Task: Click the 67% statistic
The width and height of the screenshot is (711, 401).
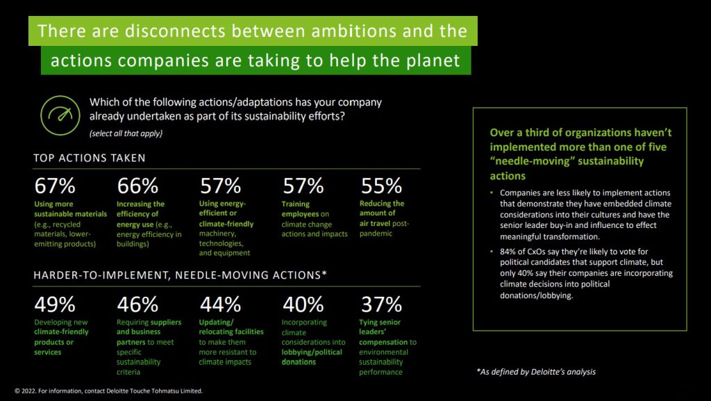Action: point(55,186)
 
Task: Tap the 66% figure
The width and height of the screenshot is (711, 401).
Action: point(138,186)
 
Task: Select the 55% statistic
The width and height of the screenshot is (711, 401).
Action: point(381,186)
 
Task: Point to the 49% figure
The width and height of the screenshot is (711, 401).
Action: point(55,304)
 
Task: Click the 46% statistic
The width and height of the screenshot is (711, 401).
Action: point(138,304)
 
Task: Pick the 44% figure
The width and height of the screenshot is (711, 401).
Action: point(220,304)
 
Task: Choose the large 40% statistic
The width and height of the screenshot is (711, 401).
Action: point(303,304)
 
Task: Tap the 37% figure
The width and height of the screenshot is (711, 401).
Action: point(381,304)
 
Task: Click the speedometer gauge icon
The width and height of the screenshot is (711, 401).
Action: point(60,115)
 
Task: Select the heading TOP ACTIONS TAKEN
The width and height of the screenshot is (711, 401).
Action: point(90,158)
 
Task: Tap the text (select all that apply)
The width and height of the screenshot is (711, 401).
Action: point(126,133)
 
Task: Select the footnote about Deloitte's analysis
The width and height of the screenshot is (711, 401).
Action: point(536,372)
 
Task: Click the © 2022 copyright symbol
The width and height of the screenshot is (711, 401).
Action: point(17,391)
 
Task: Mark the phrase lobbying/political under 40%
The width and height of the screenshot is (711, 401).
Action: point(312,352)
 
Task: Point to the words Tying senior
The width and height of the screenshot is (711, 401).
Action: point(380,322)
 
